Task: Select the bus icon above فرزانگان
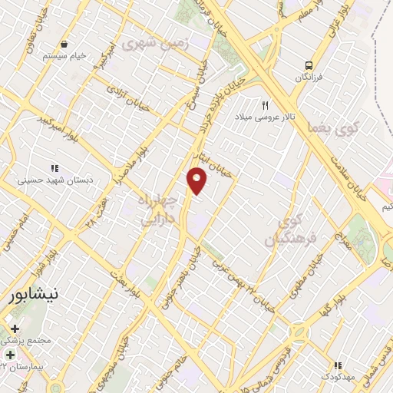tap(309, 65)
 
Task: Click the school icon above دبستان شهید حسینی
tap(54, 168)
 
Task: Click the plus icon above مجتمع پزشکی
tap(15, 329)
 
